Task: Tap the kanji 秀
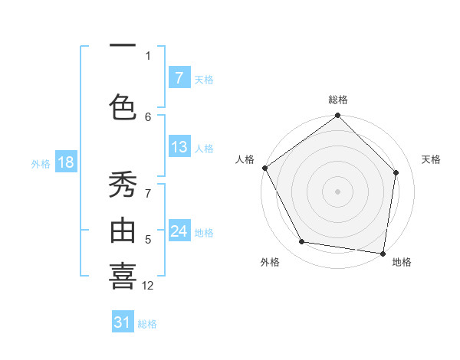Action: click(x=123, y=186)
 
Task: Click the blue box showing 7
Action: click(x=179, y=78)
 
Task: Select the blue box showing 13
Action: click(x=179, y=147)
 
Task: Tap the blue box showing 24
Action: click(x=179, y=231)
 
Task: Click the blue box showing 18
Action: click(x=65, y=162)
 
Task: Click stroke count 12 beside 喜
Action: click(x=148, y=286)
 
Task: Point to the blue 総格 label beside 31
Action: click(x=147, y=323)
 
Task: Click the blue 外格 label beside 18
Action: click(x=41, y=163)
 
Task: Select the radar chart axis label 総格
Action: click(x=337, y=100)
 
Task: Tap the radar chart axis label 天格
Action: click(x=431, y=159)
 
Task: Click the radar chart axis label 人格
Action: click(x=245, y=159)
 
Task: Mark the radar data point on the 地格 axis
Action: click(x=383, y=253)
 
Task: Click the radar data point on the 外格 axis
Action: click(x=302, y=242)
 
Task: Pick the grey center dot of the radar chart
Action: click(x=337, y=191)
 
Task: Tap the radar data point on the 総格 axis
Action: click(x=337, y=116)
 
